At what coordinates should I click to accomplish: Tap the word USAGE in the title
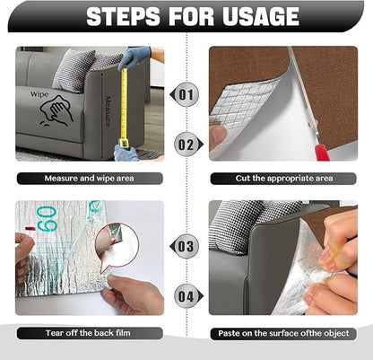(x=254, y=16)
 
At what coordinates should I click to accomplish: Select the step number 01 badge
(x=186, y=93)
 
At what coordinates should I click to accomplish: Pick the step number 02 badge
(x=186, y=143)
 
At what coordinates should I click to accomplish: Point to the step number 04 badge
(x=186, y=295)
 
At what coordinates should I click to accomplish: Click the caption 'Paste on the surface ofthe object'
(x=283, y=333)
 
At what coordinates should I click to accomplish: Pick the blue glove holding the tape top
(x=134, y=58)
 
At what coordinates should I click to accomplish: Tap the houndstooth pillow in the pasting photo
(x=239, y=220)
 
